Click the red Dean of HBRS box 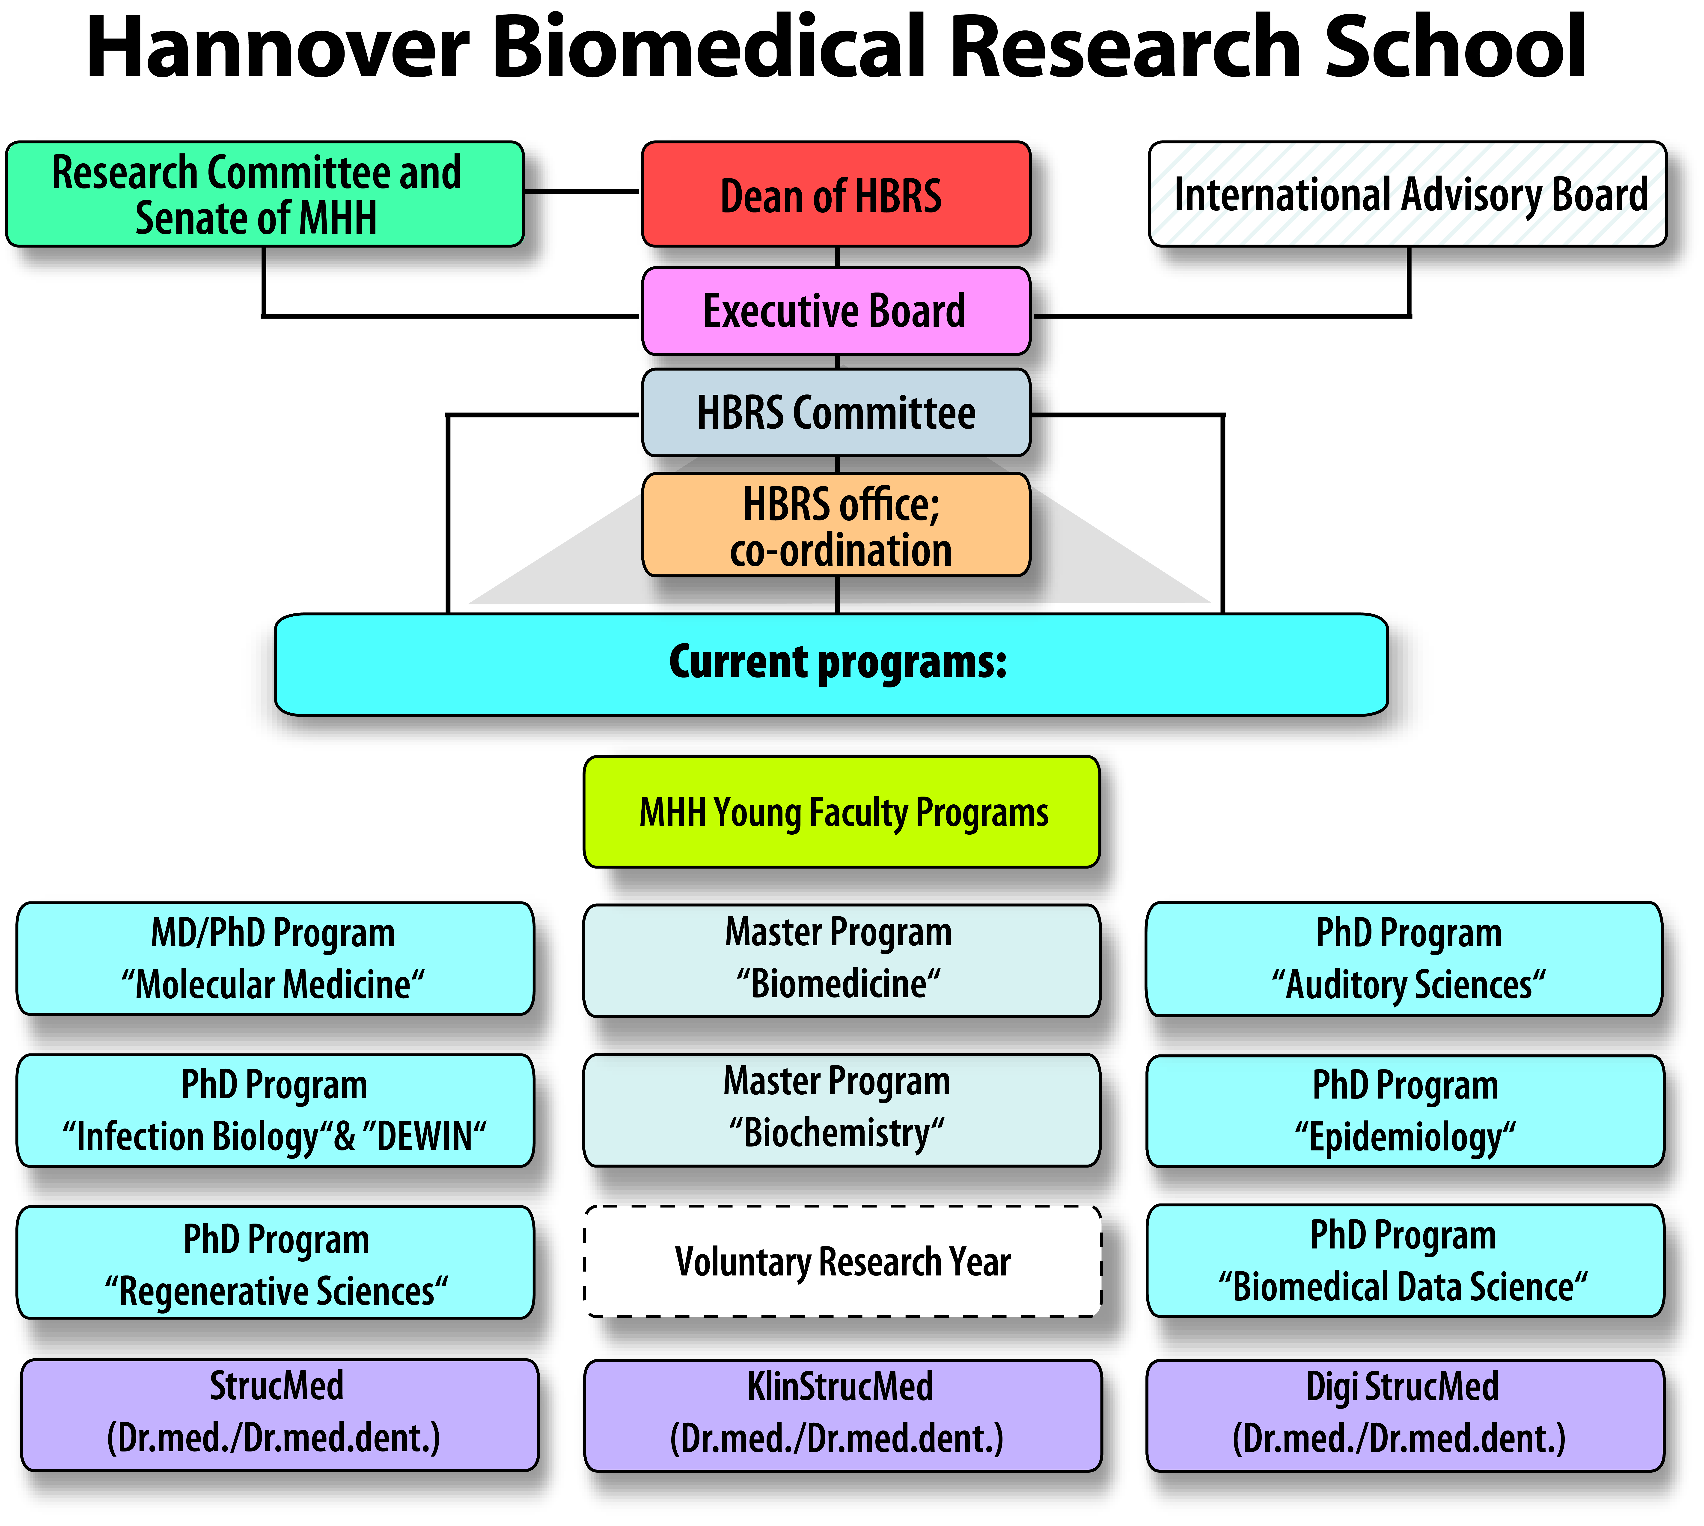point(836,194)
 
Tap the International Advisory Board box point(1407,194)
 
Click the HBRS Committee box point(836,412)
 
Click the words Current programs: point(837,662)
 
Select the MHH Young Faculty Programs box point(842,812)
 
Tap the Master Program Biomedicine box point(842,960)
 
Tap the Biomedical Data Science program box point(1405,1261)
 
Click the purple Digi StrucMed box point(1405,1415)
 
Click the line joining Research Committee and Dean point(583,191)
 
